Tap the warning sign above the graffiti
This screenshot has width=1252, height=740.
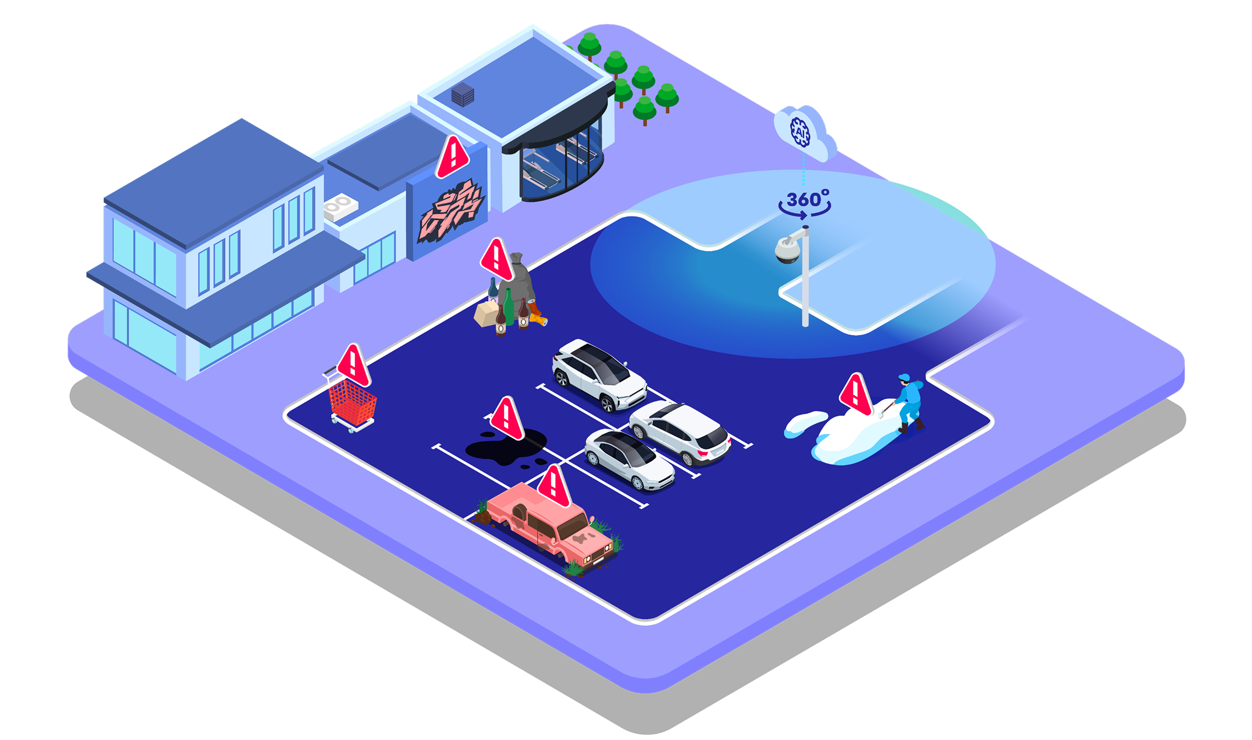[x=452, y=157]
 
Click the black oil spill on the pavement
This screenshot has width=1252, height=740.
[x=505, y=446]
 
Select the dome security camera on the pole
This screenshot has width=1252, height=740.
[x=788, y=249]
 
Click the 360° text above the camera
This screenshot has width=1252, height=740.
[x=807, y=199]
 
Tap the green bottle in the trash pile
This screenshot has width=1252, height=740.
[x=508, y=306]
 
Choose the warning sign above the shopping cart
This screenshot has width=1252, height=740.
[x=354, y=365]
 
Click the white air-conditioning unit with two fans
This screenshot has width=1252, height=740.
[x=341, y=207]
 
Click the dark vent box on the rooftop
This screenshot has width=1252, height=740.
[x=462, y=95]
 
